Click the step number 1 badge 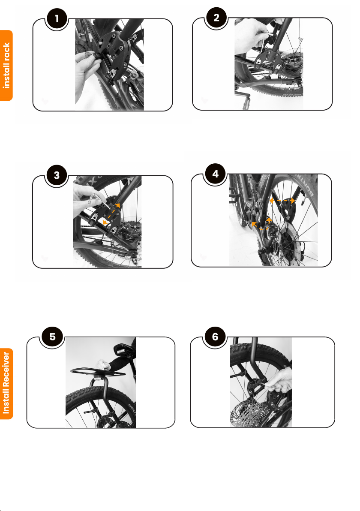click(57, 18)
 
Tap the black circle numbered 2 click(216, 18)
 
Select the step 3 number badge click(57, 175)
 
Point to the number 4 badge click(215, 174)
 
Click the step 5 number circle click(52, 337)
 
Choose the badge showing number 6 click(215, 337)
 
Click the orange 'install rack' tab click(6, 66)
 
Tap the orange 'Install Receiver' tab click(6, 384)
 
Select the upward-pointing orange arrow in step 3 click(117, 206)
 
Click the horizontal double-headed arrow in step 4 click(282, 201)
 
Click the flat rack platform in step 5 click(98, 372)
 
